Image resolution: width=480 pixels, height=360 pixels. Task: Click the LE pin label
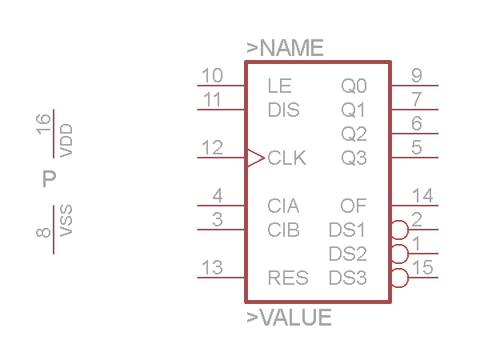coord(280,86)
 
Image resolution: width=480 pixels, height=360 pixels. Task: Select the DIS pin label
coord(284,110)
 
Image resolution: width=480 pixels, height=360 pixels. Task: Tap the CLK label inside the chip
coord(287,158)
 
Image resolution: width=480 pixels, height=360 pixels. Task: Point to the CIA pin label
coord(283,206)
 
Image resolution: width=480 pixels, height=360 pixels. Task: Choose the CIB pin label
coord(284,230)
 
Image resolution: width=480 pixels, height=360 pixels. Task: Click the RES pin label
coord(288,278)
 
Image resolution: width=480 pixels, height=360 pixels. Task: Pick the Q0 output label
coord(354,86)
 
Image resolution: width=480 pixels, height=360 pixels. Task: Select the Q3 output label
coord(354,158)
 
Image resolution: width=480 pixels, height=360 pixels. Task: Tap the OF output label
coord(354,206)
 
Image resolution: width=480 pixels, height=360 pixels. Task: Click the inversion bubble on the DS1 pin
coord(399,230)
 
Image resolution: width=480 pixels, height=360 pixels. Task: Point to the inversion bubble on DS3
coord(399,278)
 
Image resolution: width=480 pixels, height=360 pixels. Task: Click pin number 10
coord(212,76)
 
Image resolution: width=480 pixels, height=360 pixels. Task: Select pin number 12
coord(212,148)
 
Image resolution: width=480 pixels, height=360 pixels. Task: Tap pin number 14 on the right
coord(422,196)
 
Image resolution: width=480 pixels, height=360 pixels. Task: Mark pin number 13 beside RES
coord(212,268)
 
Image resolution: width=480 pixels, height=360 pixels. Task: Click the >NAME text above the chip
coord(285,48)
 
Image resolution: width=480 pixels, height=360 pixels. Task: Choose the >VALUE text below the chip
coord(289,318)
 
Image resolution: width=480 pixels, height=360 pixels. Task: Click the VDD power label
coord(66,141)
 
